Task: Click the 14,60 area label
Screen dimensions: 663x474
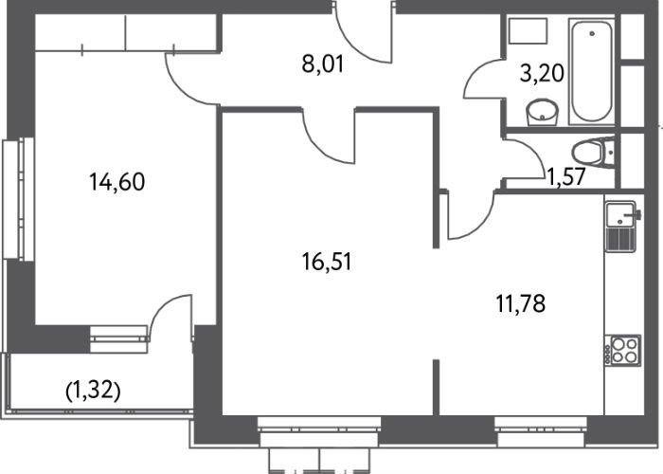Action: click(x=117, y=182)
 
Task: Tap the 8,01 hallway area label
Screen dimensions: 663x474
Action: click(x=323, y=64)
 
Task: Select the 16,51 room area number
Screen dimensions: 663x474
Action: click(x=327, y=261)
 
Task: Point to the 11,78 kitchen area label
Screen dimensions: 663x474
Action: click(x=521, y=303)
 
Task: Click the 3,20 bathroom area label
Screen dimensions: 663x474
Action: click(x=542, y=73)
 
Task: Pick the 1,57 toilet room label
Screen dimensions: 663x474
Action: click(x=566, y=176)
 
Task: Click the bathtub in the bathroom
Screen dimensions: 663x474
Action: click(x=592, y=71)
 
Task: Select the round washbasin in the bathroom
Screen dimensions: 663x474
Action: click(x=542, y=112)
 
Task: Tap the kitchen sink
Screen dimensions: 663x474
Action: click(x=620, y=213)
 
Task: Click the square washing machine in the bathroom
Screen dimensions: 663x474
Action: click(x=529, y=30)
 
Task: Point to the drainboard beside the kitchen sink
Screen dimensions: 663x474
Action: click(x=620, y=240)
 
